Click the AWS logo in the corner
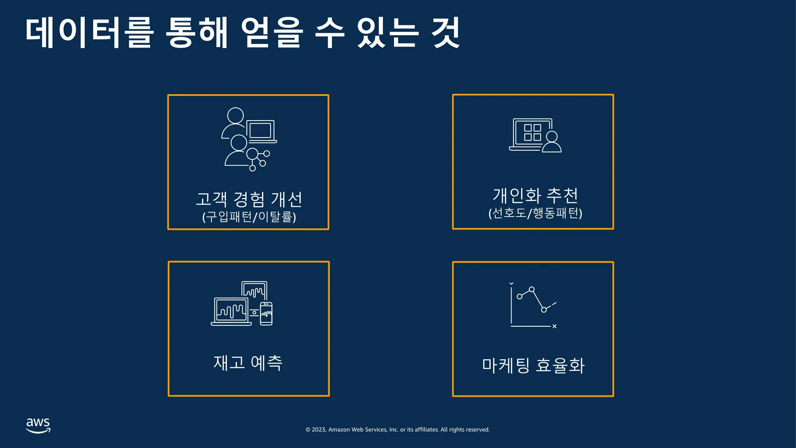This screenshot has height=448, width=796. [x=38, y=425]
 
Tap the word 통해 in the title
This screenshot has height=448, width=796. [x=197, y=33]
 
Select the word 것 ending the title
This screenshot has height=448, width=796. [x=446, y=33]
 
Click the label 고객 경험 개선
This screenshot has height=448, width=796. [x=249, y=199]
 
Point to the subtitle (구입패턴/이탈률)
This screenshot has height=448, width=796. [x=249, y=217]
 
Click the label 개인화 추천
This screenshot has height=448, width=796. [x=535, y=195]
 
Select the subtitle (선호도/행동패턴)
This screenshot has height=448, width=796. [x=535, y=213]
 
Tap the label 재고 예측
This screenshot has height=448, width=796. [x=248, y=363]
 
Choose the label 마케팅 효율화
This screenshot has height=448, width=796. [x=533, y=366]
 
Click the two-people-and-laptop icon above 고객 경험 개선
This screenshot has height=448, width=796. [x=249, y=139]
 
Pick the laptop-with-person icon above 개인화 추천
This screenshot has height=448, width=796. [x=535, y=135]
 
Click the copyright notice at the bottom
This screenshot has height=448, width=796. [x=398, y=430]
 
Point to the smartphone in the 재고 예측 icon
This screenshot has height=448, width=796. [x=266, y=313]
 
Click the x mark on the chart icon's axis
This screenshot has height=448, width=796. [x=555, y=326]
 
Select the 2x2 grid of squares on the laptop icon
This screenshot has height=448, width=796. [x=532, y=132]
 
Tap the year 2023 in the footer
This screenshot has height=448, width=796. [x=319, y=430]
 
